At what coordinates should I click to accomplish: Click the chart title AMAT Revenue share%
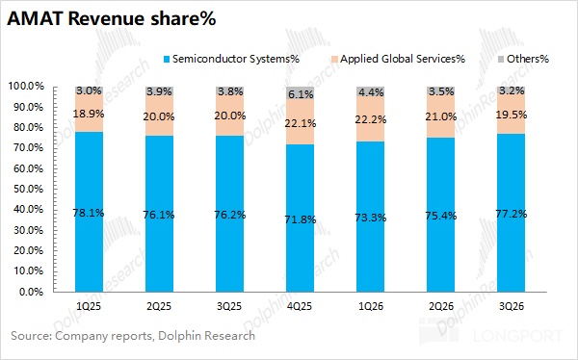[112, 18]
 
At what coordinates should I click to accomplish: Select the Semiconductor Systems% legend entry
[231, 59]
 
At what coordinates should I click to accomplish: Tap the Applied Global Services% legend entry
[398, 59]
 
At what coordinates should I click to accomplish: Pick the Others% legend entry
[523, 59]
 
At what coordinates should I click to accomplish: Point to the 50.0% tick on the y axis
[31, 189]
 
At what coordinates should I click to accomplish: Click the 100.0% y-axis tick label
[26, 87]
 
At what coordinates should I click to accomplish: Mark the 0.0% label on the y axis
[31, 292]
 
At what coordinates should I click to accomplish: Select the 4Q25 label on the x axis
[300, 306]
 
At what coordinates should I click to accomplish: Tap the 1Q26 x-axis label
[371, 306]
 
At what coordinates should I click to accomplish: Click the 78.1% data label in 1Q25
[89, 213]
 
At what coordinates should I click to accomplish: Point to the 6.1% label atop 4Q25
[301, 94]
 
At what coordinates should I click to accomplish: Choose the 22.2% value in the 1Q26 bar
[371, 119]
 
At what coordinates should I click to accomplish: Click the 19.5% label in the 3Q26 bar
[512, 115]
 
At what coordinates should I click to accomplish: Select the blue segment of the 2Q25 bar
[159, 214]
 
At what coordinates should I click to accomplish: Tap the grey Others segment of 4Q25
[300, 92]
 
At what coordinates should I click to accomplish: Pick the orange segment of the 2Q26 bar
[441, 116]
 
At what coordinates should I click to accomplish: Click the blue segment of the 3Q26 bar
[512, 213]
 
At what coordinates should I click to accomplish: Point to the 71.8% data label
[300, 220]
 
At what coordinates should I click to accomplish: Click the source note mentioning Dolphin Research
[133, 336]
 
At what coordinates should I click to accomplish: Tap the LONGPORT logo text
[518, 336]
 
